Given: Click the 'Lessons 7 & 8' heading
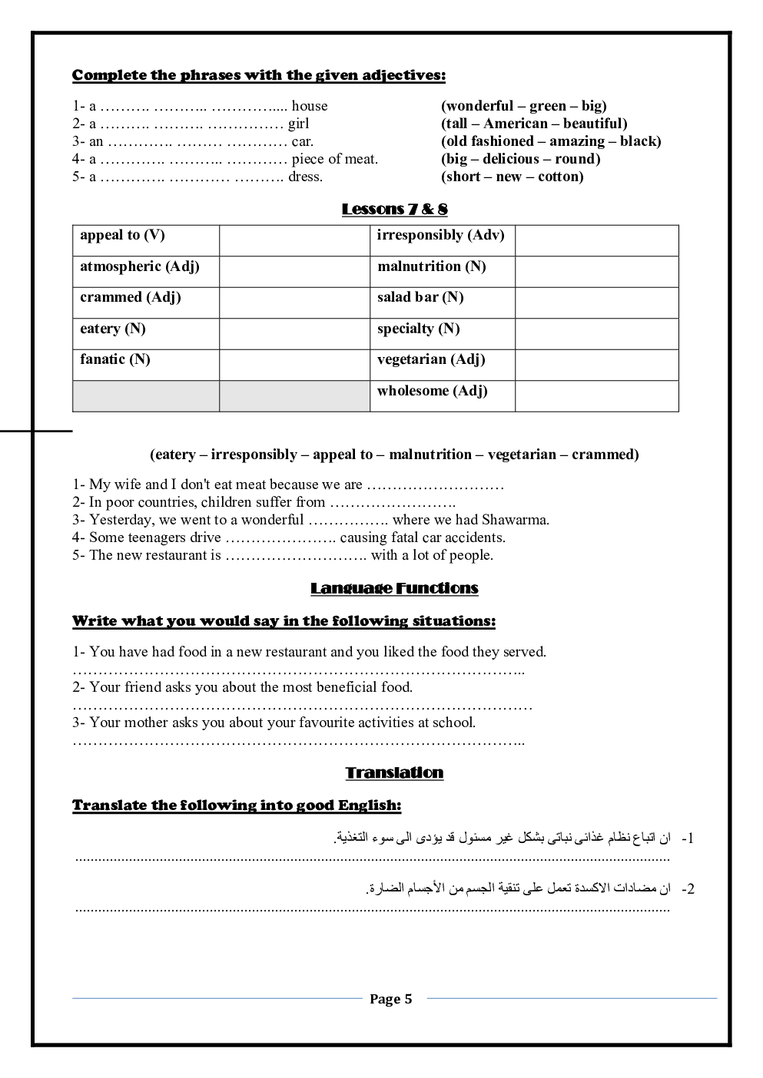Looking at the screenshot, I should click(394, 209).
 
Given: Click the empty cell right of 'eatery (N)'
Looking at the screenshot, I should click(294, 334).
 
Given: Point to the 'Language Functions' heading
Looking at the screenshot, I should click(394, 588).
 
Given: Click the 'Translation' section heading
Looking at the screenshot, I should click(394, 772).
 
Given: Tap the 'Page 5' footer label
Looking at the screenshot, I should click(390, 999).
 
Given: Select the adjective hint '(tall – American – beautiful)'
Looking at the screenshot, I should click(534, 124).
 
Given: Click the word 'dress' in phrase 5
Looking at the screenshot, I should click(304, 177).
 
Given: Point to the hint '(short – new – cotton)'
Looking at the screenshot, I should click(512, 177).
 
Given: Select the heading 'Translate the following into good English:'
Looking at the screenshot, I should click(237, 805).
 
